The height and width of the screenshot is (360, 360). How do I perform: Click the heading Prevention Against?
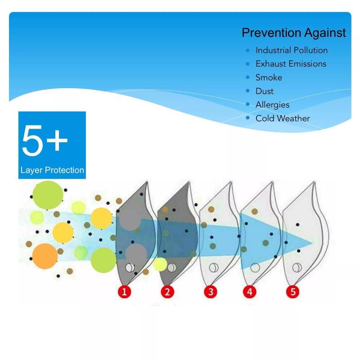[294, 32]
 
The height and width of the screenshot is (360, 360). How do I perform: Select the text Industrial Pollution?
[292, 50]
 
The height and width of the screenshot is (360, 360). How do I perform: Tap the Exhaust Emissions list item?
[291, 64]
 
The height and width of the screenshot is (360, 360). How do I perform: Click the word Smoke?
[269, 77]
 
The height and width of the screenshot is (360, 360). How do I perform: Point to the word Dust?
[265, 91]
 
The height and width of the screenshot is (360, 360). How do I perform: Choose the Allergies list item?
[272, 105]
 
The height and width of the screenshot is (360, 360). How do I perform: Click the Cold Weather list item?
[283, 118]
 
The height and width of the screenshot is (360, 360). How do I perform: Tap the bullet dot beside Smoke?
[247, 77]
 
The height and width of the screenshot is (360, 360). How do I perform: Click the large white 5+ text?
[45, 140]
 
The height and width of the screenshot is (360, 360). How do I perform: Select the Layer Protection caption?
[52, 170]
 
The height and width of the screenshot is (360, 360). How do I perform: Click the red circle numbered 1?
[125, 292]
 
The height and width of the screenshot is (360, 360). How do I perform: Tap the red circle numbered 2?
[167, 292]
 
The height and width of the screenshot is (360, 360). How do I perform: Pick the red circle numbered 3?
[211, 292]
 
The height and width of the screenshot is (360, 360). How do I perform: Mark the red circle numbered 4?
[250, 292]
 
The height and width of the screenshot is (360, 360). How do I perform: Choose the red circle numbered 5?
[293, 292]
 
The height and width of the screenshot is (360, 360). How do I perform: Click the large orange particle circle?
[45, 256]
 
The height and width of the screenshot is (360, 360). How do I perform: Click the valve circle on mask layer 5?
[297, 267]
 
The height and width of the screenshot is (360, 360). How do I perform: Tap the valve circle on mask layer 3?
[214, 267]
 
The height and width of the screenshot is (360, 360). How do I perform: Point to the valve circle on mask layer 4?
[255, 267]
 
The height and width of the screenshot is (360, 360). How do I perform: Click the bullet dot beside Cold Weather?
[247, 118]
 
